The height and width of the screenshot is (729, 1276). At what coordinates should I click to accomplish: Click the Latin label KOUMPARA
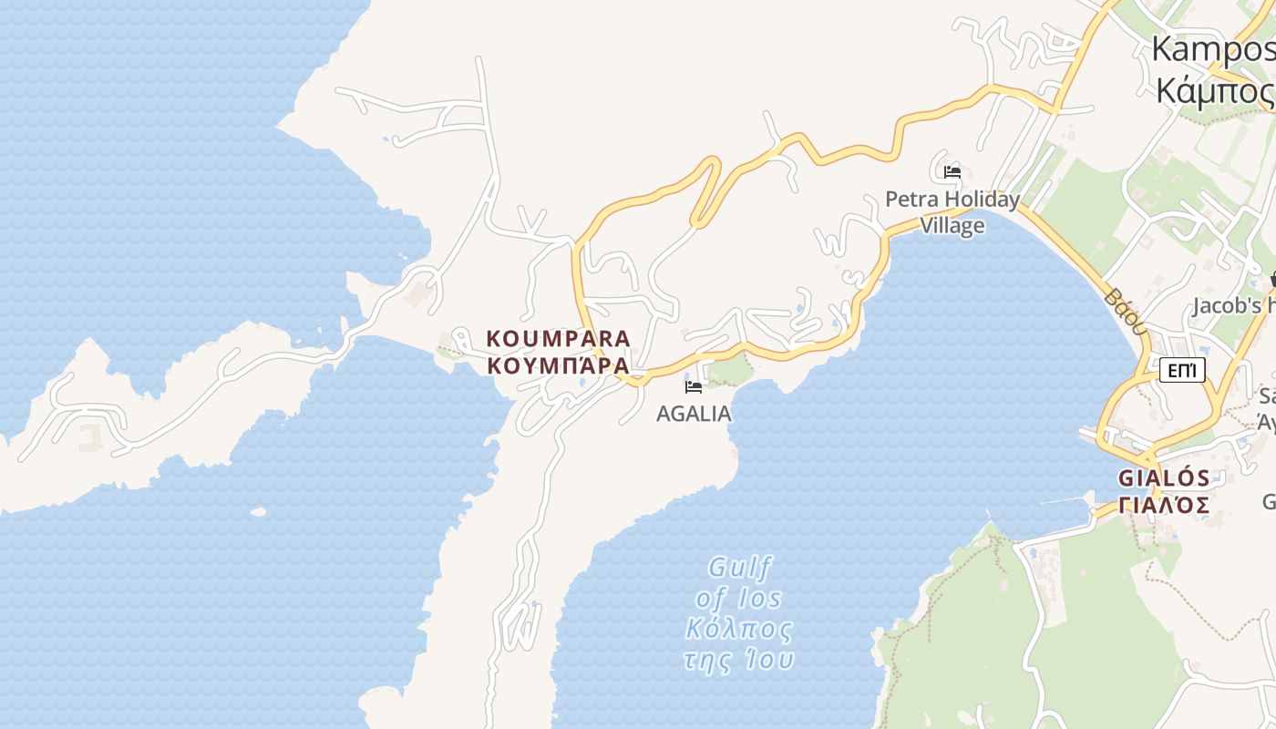558,339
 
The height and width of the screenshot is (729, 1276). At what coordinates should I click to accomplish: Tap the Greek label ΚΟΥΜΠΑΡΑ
558,365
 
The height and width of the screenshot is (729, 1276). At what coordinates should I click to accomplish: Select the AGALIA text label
694,414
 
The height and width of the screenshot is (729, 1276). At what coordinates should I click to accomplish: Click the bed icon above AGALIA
694,386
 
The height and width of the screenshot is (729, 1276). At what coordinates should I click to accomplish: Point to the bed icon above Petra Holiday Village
952,171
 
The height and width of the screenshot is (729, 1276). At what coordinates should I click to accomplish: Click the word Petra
911,200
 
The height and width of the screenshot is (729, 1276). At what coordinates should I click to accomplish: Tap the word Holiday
982,200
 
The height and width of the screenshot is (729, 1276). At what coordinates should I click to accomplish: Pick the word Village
952,225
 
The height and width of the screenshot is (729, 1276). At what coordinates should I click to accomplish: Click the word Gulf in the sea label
740,569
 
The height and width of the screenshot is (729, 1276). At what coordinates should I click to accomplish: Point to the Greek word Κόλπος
739,629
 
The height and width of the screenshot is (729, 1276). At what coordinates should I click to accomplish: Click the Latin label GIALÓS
1164,478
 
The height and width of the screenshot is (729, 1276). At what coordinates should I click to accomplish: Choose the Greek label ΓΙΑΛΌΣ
1164,505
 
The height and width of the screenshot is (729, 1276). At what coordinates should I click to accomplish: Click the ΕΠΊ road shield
1182,370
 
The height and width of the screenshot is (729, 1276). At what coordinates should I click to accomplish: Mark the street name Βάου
1124,311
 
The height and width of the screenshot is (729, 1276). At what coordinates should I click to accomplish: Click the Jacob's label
1230,306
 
